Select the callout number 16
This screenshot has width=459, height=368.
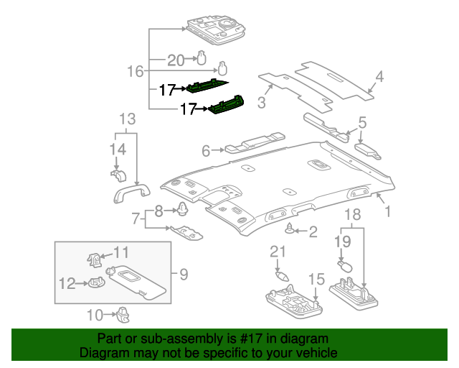click(x=136, y=70)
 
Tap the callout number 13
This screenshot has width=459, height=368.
click(x=127, y=119)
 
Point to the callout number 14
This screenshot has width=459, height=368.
click(x=118, y=149)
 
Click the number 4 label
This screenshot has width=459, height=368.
click(x=379, y=76)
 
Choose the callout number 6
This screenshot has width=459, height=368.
click(x=206, y=151)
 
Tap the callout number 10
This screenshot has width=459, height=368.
click(x=94, y=314)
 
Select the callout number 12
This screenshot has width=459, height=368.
click(x=67, y=284)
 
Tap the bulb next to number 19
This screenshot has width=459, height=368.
click(x=346, y=266)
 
